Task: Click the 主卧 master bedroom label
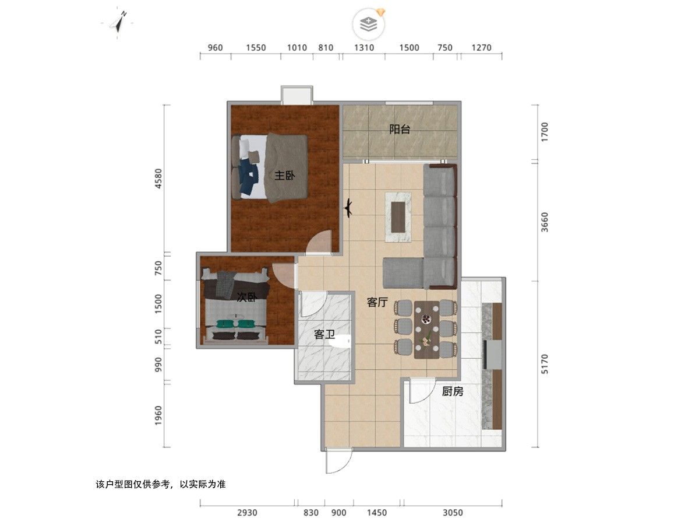[284, 176]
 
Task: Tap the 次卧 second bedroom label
[247, 297]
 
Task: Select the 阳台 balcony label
[400, 129]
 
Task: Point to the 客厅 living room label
[377, 302]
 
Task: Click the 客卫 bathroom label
[324, 334]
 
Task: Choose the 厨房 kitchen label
[453, 391]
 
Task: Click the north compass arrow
[119, 23]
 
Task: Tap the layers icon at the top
[369, 24]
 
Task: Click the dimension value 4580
[158, 178]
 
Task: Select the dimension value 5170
[545, 364]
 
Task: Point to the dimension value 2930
[247, 513]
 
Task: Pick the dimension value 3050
[453, 513]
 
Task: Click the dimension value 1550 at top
[256, 48]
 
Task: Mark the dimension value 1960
[158, 416]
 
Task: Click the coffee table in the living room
[398, 217]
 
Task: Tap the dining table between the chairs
[427, 330]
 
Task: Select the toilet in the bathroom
[340, 341]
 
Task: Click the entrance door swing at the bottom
[339, 461]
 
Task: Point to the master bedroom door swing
[319, 242]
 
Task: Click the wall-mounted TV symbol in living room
[348, 208]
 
